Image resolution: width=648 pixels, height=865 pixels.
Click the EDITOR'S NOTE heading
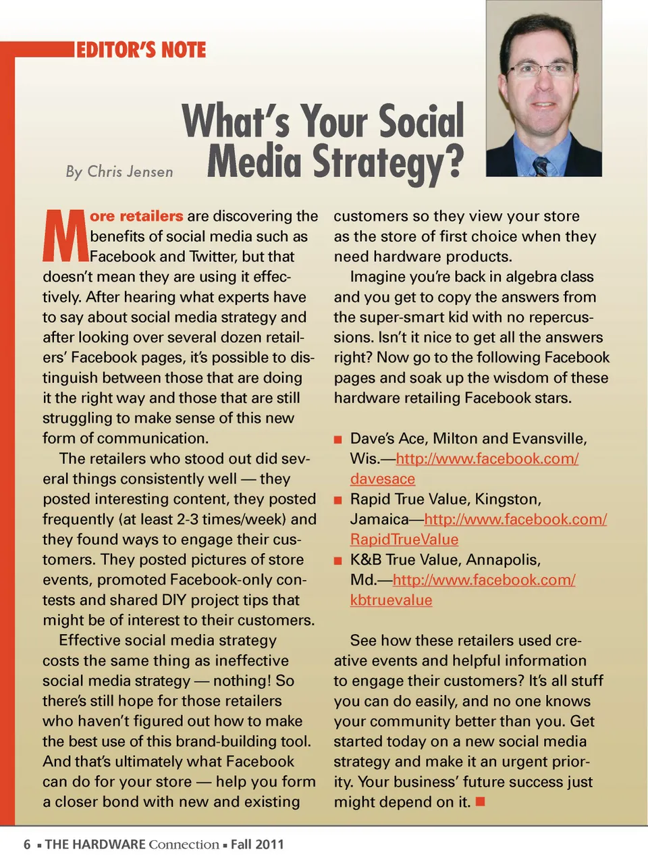point(141,50)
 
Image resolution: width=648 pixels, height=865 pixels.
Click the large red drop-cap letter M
point(65,236)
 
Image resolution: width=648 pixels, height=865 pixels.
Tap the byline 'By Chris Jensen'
point(119,172)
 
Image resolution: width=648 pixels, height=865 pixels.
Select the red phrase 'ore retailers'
point(136,216)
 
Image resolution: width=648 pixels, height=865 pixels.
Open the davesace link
point(382,479)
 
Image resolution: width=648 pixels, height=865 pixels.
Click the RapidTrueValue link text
point(404,540)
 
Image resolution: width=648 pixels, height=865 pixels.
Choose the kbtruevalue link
point(391,600)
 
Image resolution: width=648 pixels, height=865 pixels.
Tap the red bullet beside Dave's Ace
point(338,440)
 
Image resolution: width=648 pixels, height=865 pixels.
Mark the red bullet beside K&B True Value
point(338,561)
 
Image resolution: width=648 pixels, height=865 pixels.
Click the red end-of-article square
point(481,802)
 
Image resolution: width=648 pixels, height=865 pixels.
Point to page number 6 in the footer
point(27,844)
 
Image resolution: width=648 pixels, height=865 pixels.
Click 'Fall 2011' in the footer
point(257,844)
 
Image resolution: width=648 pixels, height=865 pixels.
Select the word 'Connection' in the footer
point(184,844)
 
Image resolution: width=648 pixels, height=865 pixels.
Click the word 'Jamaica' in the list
point(379,519)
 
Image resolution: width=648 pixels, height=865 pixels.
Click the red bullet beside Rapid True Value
point(338,501)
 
